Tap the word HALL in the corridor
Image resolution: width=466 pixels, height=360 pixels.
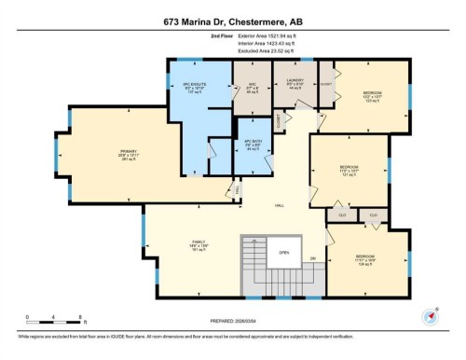(x=279, y=206)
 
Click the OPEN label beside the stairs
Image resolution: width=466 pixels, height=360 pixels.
(x=283, y=252)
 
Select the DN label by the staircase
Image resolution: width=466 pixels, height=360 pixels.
(x=313, y=257)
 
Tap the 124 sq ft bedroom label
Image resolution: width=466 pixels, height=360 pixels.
(x=364, y=258)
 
